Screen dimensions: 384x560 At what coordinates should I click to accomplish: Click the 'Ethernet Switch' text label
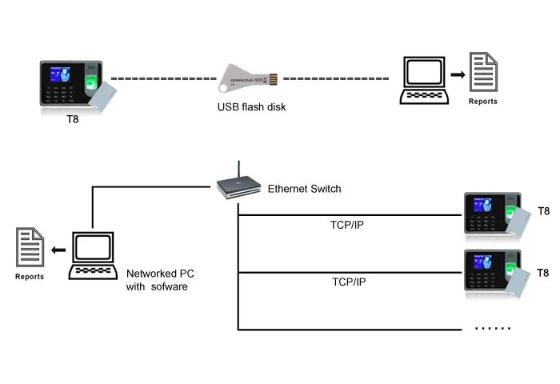304,189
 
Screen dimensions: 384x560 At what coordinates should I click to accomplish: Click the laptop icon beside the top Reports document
423,81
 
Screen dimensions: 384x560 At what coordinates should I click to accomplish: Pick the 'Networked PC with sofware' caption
160,280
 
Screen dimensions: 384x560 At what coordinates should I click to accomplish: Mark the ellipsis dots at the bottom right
493,328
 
